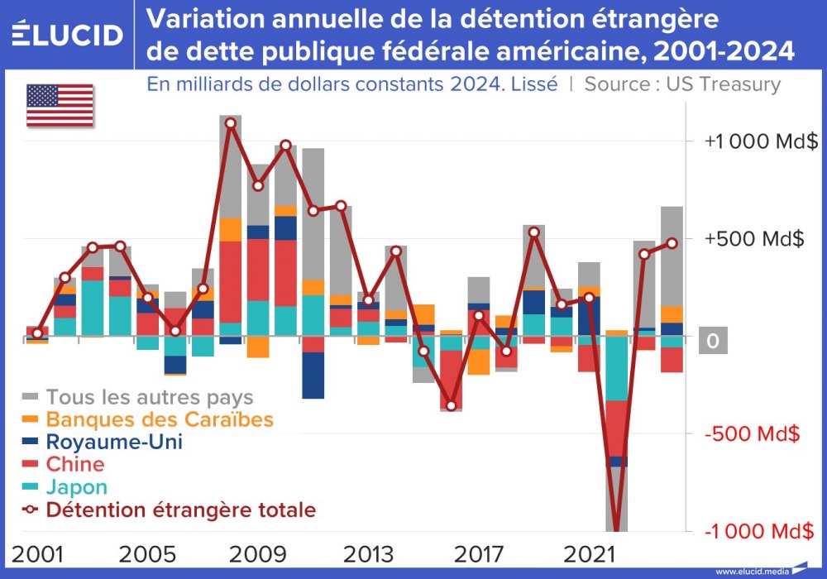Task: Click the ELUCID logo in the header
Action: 68,35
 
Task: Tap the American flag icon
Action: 60,105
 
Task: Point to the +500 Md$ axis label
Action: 753,239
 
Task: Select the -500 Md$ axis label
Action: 753,433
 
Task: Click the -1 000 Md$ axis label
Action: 753,530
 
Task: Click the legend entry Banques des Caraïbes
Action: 159,419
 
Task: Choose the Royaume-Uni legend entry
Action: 114,442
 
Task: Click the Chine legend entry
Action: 75,464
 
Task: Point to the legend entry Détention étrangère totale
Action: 180,510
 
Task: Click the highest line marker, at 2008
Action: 231,123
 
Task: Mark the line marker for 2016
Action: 451,406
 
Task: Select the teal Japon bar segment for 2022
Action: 616,369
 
